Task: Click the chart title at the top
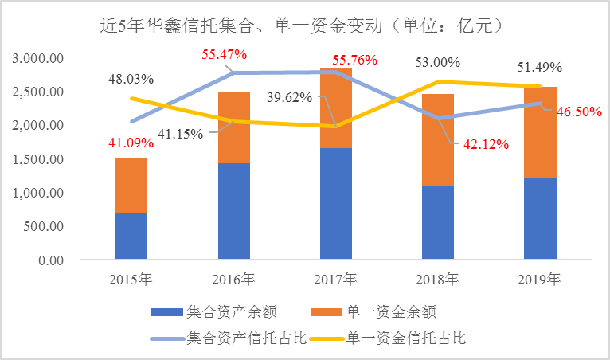coord(304,26)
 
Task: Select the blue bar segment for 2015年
coord(131,236)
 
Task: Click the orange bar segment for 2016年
coord(233,127)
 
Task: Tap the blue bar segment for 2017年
coord(335,203)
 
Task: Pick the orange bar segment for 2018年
coord(437,140)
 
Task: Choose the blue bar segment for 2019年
coord(539,218)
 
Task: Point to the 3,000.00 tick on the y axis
coord(40,58)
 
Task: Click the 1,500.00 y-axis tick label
coord(40,159)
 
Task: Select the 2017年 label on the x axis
coord(336,280)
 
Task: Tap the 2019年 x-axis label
coord(539,280)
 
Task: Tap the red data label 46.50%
coord(577,113)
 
